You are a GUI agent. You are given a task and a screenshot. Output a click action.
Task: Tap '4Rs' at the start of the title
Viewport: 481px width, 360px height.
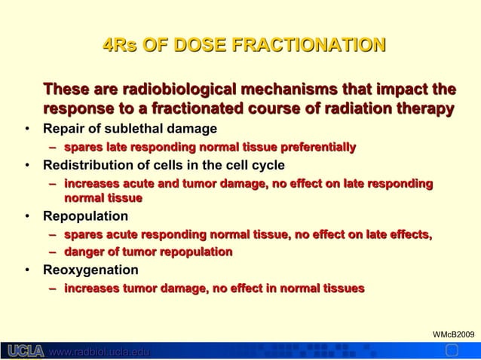(120, 46)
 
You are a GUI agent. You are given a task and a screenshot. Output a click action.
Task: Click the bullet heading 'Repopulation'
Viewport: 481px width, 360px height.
(85, 217)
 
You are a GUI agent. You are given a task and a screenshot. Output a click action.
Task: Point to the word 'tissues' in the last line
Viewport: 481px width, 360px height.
(344, 288)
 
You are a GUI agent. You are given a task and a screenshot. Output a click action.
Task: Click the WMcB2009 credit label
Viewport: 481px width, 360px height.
(455, 333)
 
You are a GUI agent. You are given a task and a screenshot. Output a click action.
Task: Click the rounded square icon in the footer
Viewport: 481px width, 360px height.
(452, 351)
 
